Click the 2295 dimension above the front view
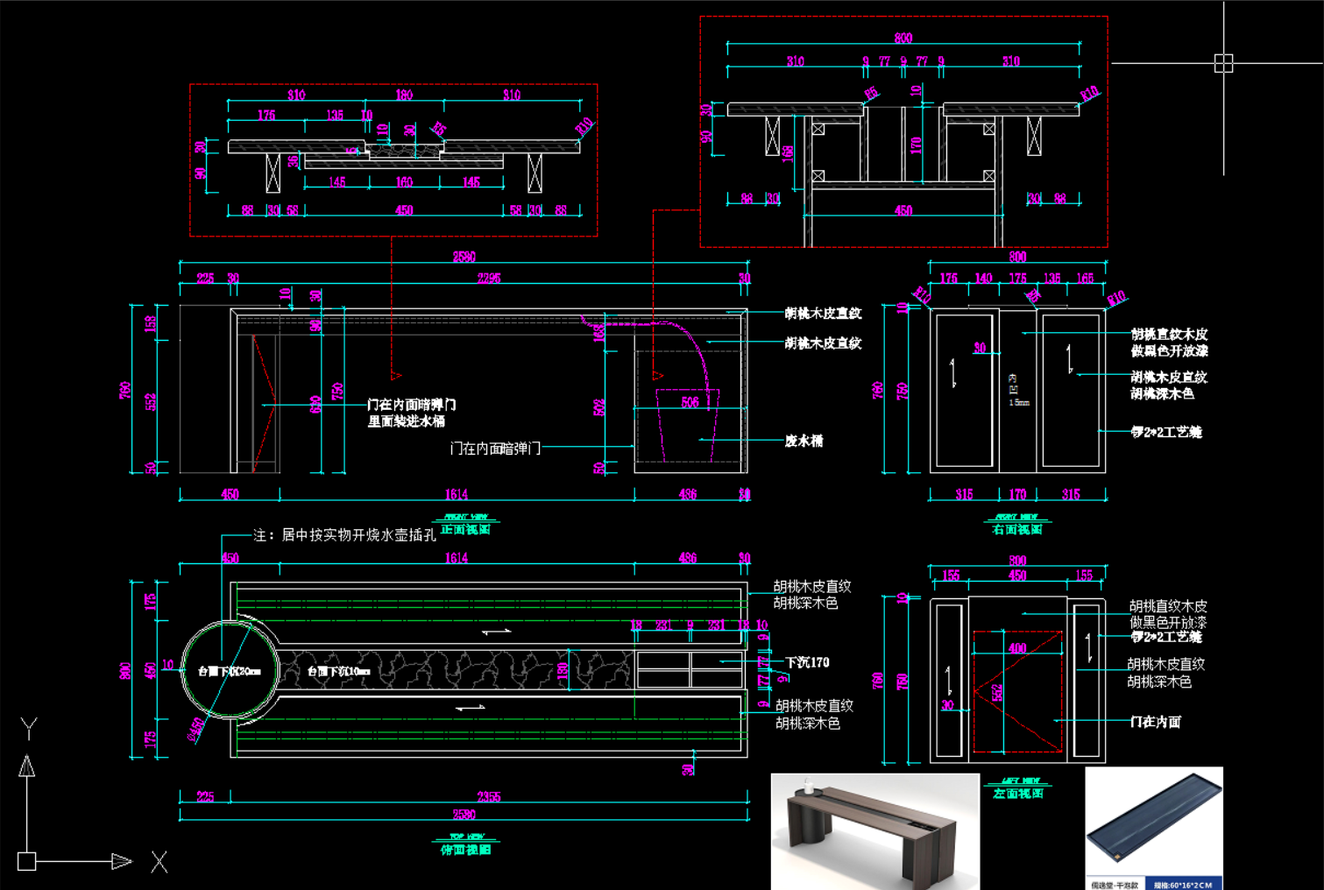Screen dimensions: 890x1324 (489, 279)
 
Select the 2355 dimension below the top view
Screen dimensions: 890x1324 (489, 796)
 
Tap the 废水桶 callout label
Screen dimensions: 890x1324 (804, 441)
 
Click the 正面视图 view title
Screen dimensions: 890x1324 (465, 529)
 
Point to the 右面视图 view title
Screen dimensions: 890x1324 (1017, 529)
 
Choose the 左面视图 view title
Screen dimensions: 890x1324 (1018, 793)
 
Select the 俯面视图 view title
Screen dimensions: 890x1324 (465, 850)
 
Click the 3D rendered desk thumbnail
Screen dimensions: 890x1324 (874, 830)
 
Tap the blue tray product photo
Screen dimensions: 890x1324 (1153, 828)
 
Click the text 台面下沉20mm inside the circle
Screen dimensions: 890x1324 (229, 671)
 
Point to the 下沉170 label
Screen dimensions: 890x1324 (807, 662)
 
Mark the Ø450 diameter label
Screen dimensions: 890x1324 (196, 729)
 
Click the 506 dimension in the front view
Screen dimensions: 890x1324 (690, 402)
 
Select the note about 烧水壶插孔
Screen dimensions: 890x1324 (344, 534)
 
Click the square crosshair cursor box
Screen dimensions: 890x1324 (1223, 63)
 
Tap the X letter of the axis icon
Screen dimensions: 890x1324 (159, 862)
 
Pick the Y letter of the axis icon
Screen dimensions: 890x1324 (28, 727)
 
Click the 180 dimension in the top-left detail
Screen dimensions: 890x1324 (404, 95)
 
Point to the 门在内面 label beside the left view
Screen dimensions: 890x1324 (1155, 722)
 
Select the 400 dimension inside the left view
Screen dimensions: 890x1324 (1017, 648)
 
